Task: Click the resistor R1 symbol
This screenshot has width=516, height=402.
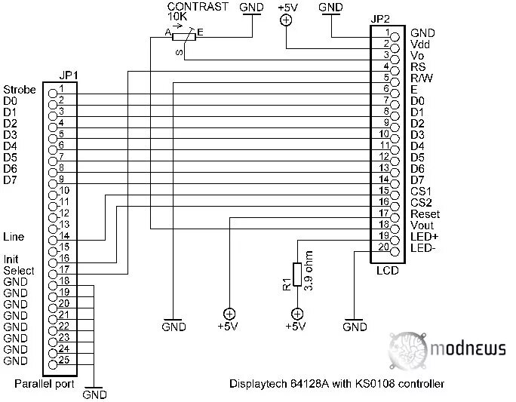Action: pyautogui.click(x=297, y=275)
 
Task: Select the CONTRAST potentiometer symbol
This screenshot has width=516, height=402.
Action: pyautogui.click(x=181, y=35)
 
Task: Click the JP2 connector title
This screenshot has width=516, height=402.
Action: pyautogui.click(x=381, y=19)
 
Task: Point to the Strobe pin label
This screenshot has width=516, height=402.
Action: pyautogui.click(x=19, y=90)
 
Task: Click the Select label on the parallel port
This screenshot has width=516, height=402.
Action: pyautogui.click(x=18, y=270)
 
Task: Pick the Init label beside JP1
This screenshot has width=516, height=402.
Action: pyautogui.click(x=11, y=259)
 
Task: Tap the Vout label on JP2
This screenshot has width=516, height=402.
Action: pyautogui.click(x=422, y=225)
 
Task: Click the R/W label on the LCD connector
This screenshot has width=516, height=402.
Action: pyautogui.click(x=422, y=78)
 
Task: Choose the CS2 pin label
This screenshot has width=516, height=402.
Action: pyautogui.click(x=421, y=202)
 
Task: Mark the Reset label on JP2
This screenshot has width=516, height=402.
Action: pyautogui.click(x=425, y=213)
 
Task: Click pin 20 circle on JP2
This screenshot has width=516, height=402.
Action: pyautogui.click(x=384, y=247)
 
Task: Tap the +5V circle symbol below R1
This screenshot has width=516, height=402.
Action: pyautogui.click(x=297, y=314)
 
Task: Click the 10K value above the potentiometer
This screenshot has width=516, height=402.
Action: pyautogui.click(x=178, y=16)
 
